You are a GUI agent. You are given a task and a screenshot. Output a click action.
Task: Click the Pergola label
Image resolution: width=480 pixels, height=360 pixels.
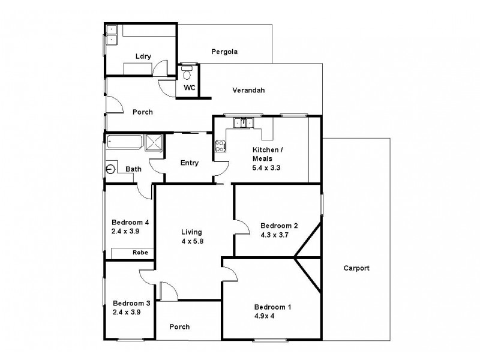point(224,52)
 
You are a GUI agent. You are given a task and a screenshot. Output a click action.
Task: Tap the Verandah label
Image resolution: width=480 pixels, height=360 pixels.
point(249,91)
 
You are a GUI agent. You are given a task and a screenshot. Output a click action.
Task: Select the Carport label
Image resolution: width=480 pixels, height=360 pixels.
point(356,268)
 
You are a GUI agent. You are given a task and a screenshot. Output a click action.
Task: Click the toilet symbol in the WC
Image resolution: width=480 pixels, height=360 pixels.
point(187,75)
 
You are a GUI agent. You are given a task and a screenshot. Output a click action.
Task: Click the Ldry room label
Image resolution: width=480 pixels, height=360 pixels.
point(143,57)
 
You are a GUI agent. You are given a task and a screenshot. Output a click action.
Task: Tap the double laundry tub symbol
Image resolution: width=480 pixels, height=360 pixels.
point(112,35)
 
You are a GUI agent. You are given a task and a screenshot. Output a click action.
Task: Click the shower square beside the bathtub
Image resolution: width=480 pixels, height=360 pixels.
point(154,142)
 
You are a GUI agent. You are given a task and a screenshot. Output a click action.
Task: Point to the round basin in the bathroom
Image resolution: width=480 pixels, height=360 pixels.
point(110,169)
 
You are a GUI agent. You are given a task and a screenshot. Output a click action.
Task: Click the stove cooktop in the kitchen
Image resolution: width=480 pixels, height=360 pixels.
point(220,146)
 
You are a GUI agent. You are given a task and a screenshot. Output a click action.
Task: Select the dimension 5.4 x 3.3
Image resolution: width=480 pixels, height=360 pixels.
point(267,168)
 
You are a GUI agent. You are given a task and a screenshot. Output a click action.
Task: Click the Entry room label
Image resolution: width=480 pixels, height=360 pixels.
point(190,163)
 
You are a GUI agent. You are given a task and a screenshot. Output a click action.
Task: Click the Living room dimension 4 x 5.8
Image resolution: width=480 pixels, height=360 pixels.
point(192,242)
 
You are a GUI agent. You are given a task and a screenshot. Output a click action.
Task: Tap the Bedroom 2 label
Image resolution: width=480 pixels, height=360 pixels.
point(279,226)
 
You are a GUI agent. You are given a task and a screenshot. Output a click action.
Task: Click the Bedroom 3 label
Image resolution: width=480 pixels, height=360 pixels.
point(131,303)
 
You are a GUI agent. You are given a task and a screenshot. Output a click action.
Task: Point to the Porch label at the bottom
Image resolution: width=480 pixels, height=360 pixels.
point(179,327)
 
